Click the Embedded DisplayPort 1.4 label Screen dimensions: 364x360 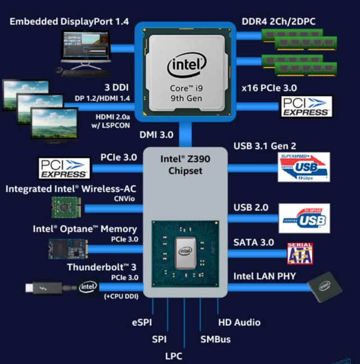pos(70,21)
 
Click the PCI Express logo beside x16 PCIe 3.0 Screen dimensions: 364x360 pos(306,106)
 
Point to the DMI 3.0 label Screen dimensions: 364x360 pos(156,135)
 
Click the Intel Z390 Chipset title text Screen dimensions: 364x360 pos(185,164)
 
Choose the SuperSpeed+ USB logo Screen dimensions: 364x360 pos(304,167)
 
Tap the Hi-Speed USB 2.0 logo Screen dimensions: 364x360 pos(304,218)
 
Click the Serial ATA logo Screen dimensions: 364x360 pos(300,253)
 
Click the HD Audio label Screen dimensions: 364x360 pos(239,322)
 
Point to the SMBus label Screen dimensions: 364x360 pos(215,339)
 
